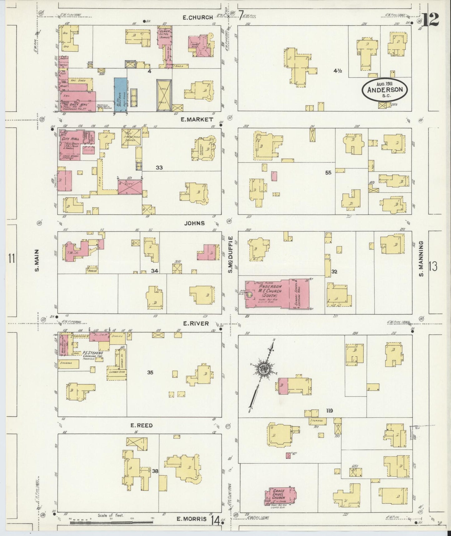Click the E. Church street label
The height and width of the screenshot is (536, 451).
click(x=198, y=18)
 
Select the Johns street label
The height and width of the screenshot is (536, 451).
click(x=194, y=223)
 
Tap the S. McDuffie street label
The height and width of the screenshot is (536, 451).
click(x=231, y=254)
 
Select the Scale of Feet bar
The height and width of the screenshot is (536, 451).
click(x=111, y=522)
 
